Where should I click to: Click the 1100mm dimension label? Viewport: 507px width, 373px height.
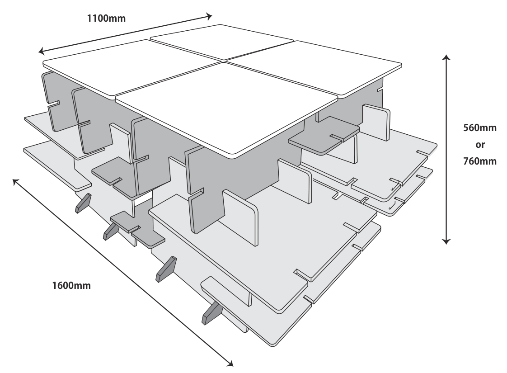click(x=106, y=19)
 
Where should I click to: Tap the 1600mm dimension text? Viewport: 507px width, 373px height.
click(x=71, y=286)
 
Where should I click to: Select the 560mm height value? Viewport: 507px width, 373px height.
click(x=480, y=128)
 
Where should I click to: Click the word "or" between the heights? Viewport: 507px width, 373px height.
click(x=480, y=145)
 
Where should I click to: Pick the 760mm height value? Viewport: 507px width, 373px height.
click(x=480, y=161)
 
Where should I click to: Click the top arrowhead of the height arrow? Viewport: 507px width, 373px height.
click(x=446, y=57)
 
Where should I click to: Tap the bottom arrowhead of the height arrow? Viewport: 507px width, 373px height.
click(x=446, y=241)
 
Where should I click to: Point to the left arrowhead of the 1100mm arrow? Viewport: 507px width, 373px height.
click(x=41, y=51)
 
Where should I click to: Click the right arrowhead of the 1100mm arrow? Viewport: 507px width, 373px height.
click(x=210, y=16)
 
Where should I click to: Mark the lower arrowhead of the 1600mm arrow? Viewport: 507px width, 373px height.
click(x=230, y=364)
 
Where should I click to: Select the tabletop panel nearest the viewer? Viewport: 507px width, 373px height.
click(x=227, y=109)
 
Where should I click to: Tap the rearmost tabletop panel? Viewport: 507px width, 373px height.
click(x=222, y=42)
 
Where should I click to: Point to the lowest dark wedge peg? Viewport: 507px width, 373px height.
click(x=212, y=313)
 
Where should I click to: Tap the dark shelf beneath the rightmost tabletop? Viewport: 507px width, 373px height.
click(x=324, y=136)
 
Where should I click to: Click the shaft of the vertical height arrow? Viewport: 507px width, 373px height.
click(x=446, y=150)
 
